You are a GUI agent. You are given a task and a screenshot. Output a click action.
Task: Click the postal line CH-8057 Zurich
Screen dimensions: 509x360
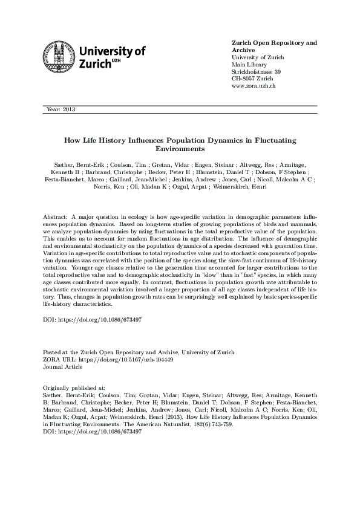(x=252, y=79)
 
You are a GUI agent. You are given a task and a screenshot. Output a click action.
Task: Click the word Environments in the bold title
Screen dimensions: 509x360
(x=180, y=149)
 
